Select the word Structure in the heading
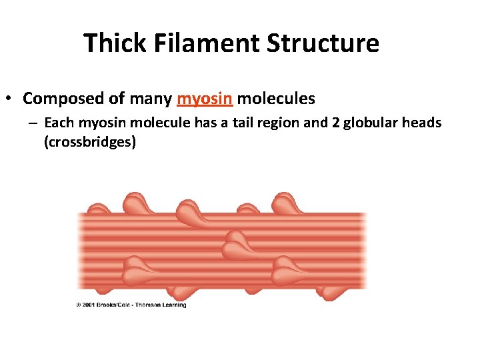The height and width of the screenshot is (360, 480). [323, 43]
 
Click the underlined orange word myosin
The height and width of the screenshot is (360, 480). [205, 99]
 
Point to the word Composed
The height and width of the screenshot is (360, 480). [64, 99]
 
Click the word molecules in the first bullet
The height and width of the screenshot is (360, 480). [276, 99]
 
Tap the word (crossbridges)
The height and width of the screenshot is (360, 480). [89, 141]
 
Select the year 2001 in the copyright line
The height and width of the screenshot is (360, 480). [90, 305]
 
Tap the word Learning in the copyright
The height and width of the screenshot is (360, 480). [175, 305]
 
